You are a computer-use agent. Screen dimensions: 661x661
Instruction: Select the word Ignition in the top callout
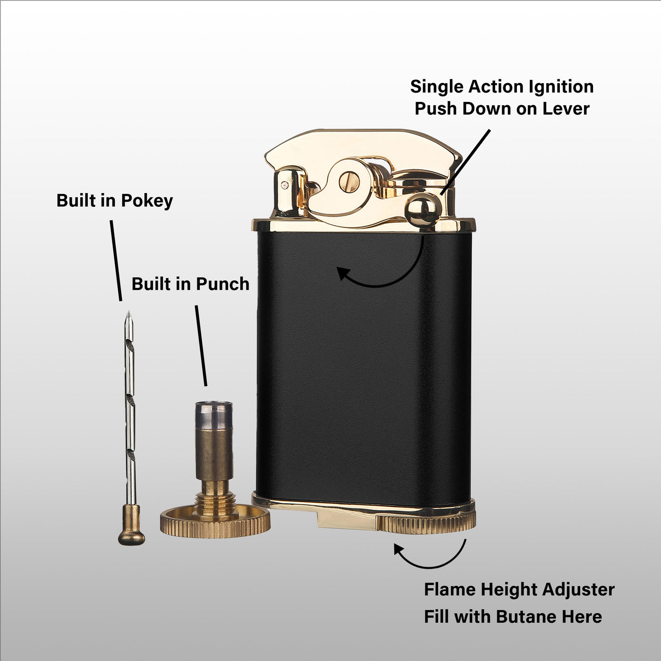coord(561,87)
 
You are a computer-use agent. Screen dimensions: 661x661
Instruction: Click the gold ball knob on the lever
coord(423,209)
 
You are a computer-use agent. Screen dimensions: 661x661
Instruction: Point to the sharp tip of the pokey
coord(128,312)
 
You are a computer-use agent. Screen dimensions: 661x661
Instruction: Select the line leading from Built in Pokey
coord(116,261)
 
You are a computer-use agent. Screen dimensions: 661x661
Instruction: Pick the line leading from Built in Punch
coord(201,346)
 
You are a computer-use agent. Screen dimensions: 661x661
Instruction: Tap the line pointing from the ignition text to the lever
coord(465,162)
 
